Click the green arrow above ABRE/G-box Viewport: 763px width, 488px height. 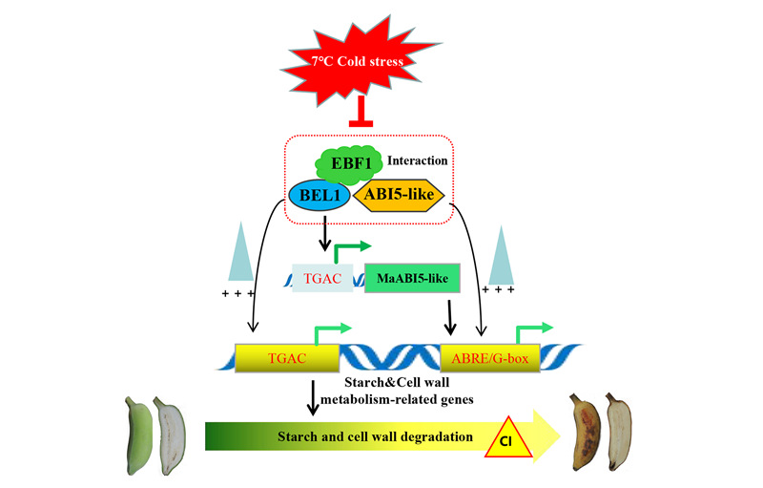tap(531, 332)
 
